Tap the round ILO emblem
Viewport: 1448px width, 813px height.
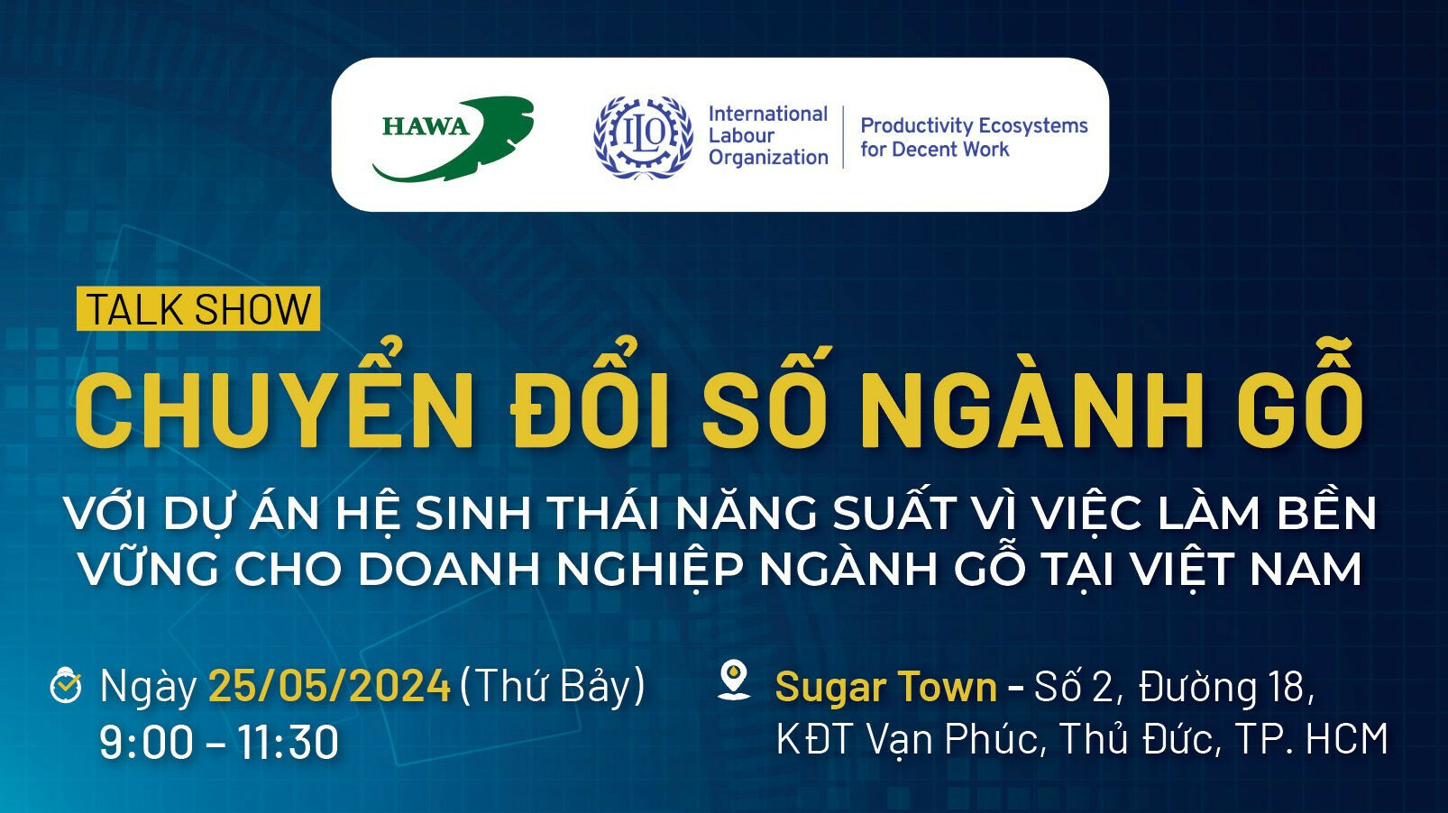point(643,136)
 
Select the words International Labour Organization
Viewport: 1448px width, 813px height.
point(767,136)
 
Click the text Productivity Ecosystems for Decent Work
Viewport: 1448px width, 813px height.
point(973,137)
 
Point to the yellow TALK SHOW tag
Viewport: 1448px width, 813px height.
point(198,309)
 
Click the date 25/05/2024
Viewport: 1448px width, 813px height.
point(329,686)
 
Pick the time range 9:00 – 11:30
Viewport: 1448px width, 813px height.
point(219,742)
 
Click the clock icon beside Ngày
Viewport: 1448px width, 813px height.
point(66,685)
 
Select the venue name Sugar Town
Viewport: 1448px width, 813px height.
point(885,687)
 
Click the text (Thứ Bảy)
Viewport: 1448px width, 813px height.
point(553,686)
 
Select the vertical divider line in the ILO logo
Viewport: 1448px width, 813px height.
point(844,137)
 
